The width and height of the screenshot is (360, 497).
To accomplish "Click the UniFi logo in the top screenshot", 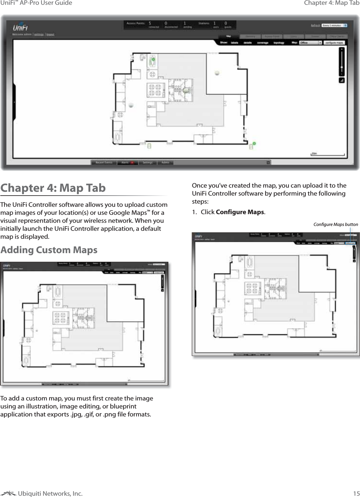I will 20,27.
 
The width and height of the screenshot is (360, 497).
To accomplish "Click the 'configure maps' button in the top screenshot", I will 334,43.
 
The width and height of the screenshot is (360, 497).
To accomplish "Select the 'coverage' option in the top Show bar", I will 263,43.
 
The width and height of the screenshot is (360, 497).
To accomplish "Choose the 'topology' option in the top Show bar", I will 279,43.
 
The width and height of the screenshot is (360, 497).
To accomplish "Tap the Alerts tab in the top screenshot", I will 127,162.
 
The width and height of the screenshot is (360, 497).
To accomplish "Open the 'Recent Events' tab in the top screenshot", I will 104,162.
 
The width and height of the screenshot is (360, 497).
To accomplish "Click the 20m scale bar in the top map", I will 328,154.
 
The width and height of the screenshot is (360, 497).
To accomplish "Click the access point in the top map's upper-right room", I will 217,73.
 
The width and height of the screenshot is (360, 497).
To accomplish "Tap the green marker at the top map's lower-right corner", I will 254,144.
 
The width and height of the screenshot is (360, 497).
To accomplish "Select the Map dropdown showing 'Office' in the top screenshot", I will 310,43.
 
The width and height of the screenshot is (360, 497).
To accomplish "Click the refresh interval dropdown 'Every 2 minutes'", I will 334,25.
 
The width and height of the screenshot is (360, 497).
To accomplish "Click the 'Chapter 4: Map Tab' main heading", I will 53,188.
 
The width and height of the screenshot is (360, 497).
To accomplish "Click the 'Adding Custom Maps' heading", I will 49,250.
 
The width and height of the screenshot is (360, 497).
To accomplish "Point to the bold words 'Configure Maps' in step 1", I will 240,212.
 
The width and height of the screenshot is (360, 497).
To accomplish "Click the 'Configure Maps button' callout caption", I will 335,224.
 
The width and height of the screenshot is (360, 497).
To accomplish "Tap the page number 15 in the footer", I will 356,493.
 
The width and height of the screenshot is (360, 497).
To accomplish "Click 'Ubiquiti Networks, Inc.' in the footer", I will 50,493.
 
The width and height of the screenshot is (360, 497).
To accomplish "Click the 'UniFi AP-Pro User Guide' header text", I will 36,3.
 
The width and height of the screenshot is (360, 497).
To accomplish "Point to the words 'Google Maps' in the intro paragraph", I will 127,213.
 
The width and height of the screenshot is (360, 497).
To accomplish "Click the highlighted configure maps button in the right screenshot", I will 350,243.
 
